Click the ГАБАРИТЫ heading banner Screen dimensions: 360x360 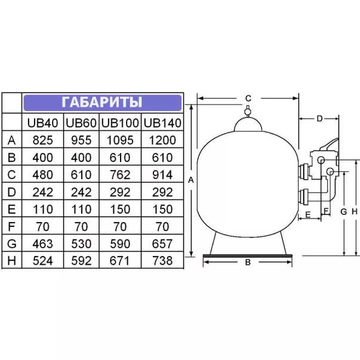coord(103,103)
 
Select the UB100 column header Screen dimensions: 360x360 coord(120,123)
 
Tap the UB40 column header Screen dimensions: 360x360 coord(43,123)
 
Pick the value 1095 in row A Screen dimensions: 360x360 coord(120,140)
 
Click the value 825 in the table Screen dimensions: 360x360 coord(43,140)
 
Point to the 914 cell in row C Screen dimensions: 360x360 coord(162,175)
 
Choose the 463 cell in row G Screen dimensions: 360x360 coord(43,244)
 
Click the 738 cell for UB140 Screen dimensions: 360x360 coord(162,261)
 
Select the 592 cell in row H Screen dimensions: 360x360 coord(81,261)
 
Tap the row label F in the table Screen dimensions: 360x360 coord(11,227)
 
